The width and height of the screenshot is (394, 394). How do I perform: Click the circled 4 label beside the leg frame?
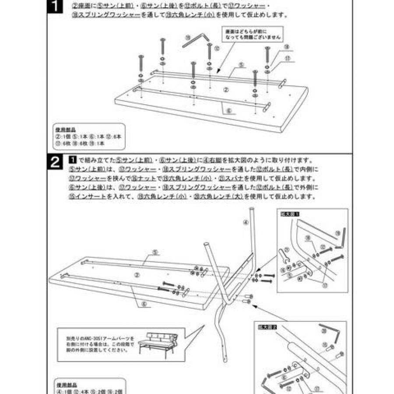pyautogui.click(x=246, y=222)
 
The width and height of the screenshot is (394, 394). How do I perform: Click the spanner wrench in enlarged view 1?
pyautogui.click(x=284, y=256)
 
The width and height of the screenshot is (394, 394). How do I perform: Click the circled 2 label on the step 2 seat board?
pyautogui.click(x=137, y=274)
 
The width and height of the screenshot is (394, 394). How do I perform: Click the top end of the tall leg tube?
pyautogui.click(x=253, y=210)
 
